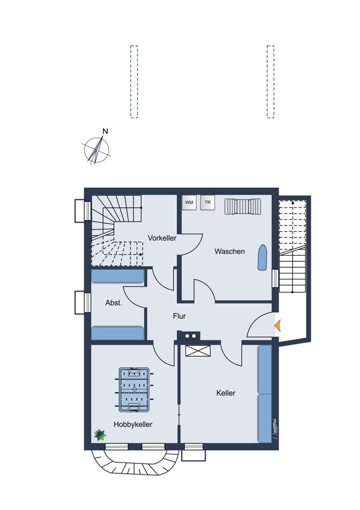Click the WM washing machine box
click(189, 202)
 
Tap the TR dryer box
click(208, 202)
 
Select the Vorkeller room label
click(162, 238)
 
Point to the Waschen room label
click(229, 251)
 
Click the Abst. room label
click(114, 303)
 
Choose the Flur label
click(179, 316)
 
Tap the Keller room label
click(226, 393)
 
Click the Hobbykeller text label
click(133, 424)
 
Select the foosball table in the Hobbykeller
click(134, 390)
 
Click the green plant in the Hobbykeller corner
click(100, 435)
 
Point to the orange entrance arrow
click(277, 325)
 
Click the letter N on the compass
click(105, 132)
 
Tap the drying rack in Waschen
click(243, 207)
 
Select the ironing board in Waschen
click(262, 257)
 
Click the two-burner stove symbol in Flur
click(191, 336)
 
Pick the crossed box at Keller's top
click(198, 351)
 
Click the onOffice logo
click(275, 429)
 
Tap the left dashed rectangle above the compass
click(134, 82)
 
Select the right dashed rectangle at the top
click(270, 82)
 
